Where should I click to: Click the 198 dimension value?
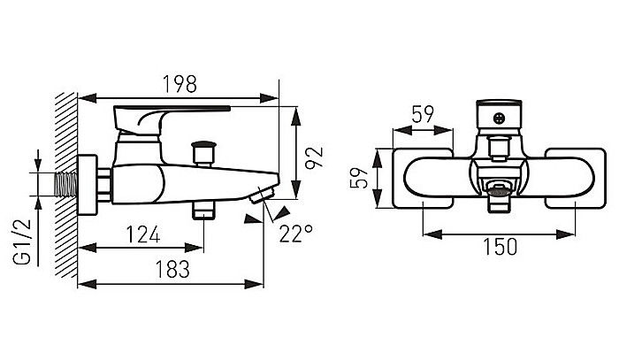(180, 84)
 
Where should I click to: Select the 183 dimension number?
(172, 270)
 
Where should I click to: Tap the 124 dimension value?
(143, 234)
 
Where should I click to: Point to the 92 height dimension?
(314, 157)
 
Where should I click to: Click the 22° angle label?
(296, 234)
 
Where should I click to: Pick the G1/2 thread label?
(21, 241)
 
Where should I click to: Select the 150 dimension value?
(500, 247)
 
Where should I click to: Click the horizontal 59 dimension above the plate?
(423, 114)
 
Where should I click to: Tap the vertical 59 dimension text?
(359, 178)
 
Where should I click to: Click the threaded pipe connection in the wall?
(65, 184)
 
